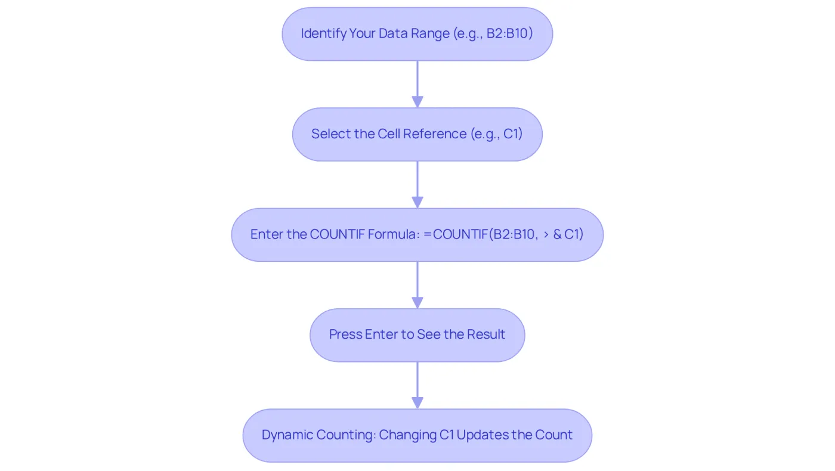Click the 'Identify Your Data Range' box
click(x=417, y=34)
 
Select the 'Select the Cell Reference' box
click(x=417, y=135)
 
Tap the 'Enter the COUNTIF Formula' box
click(x=417, y=235)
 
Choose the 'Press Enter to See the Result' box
click(x=417, y=335)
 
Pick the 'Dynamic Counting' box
click(x=417, y=436)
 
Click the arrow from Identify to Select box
click(x=417, y=85)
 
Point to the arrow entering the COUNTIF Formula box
click(x=417, y=185)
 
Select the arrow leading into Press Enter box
click(x=417, y=285)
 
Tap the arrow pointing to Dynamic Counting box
click(x=417, y=386)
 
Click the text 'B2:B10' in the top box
click(x=508, y=33)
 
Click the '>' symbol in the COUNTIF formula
click(x=546, y=234)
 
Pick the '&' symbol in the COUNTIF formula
click(x=557, y=234)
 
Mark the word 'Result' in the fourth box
click(x=486, y=334)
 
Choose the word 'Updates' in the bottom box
click(x=483, y=435)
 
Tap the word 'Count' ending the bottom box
click(x=553, y=435)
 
